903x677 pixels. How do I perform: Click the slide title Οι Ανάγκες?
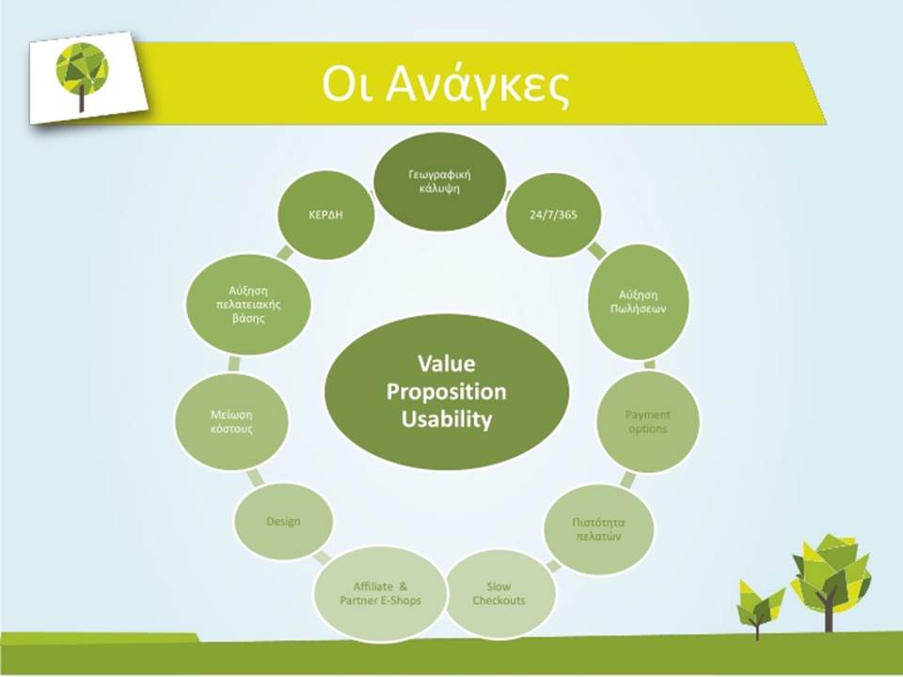coord(446,85)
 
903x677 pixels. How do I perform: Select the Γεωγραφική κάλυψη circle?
coord(439,181)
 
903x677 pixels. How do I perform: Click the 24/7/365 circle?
coord(553,214)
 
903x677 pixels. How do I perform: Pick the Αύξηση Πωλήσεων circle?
coord(638,302)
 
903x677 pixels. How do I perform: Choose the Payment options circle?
coord(648,421)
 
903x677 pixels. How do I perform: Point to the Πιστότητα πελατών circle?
coord(598,529)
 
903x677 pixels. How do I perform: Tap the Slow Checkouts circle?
coord(499,593)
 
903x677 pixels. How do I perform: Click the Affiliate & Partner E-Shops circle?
coord(380,593)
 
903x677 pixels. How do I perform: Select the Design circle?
coord(283,521)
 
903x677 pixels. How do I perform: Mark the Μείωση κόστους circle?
coord(231,421)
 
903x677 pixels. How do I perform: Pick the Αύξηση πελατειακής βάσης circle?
coord(248,304)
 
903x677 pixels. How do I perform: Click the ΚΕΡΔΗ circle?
coord(326,214)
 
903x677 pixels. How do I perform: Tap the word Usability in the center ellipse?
coord(447,419)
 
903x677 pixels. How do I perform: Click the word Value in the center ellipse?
coord(446,363)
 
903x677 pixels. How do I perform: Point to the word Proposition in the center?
coord(446,391)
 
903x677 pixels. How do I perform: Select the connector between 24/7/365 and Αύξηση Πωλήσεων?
coord(597,250)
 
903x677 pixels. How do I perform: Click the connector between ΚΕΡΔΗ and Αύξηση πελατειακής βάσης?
coord(284,253)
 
